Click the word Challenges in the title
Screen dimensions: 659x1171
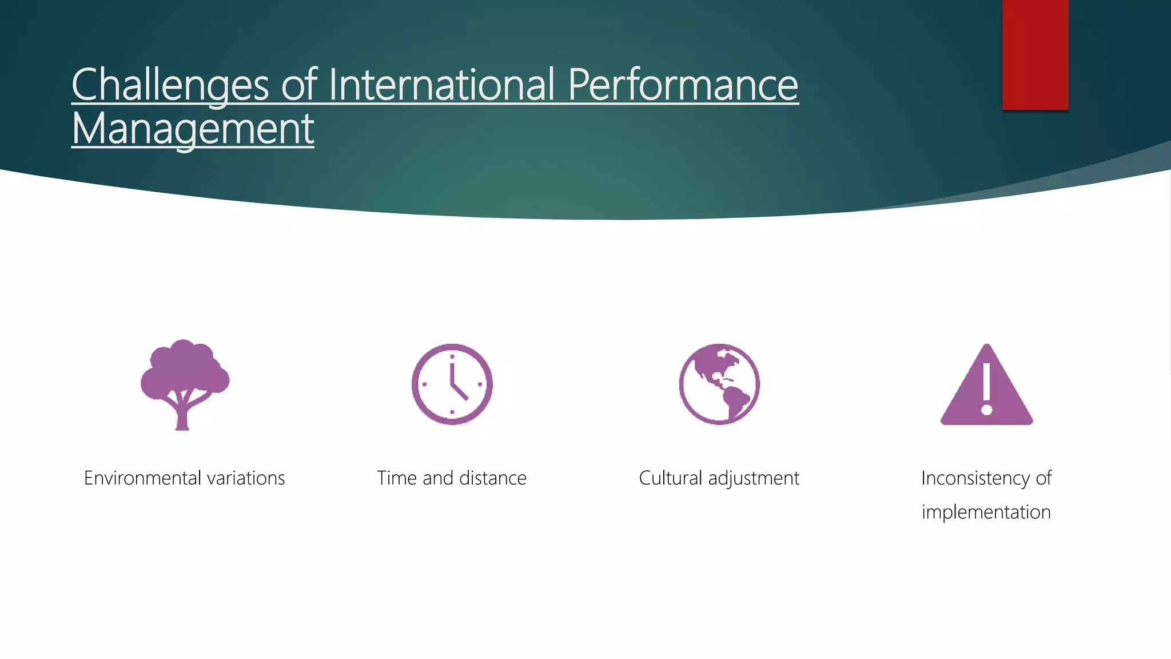(x=170, y=85)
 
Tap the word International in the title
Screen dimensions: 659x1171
(x=441, y=85)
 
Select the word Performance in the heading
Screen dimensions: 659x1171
(x=683, y=85)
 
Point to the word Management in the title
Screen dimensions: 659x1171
(x=193, y=129)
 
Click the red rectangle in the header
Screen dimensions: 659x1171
(x=1035, y=54)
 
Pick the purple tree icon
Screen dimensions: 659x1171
(x=185, y=378)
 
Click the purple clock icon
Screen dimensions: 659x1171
(x=452, y=384)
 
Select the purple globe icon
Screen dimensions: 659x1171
(x=719, y=384)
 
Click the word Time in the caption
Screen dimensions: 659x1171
(x=396, y=478)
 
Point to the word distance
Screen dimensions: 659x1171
(x=493, y=478)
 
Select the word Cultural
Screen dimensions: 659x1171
(x=670, y=478)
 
